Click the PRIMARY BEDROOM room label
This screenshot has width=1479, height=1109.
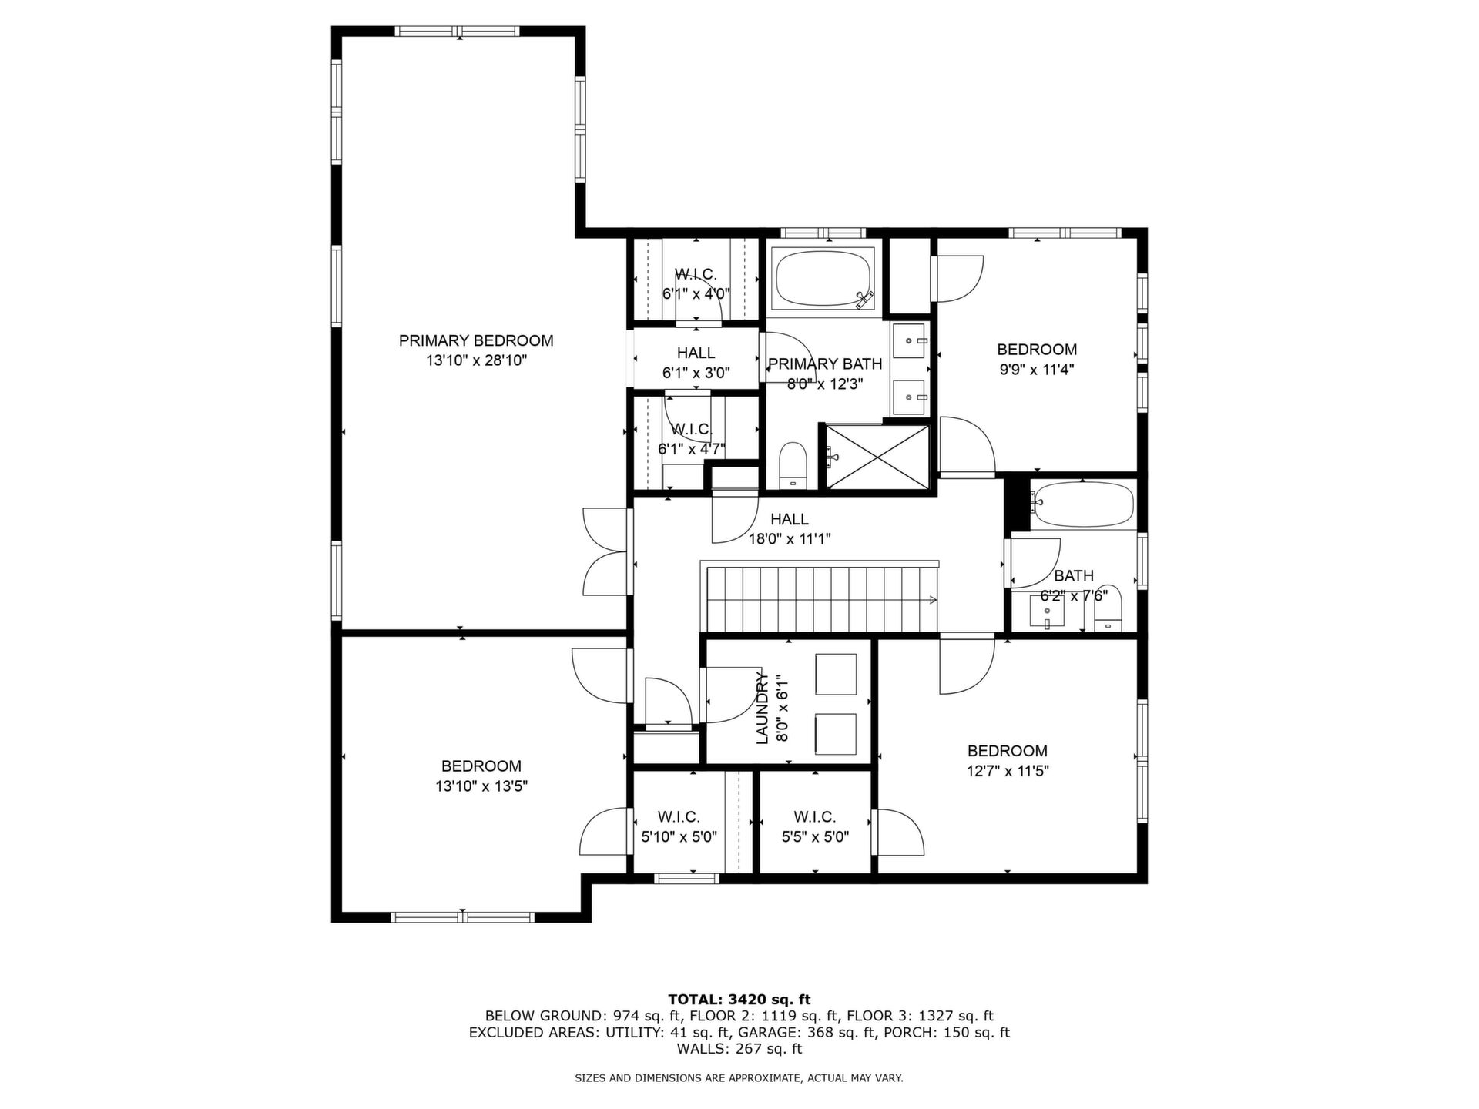476,340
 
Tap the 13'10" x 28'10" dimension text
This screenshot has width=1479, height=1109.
476,360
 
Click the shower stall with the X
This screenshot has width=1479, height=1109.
878,457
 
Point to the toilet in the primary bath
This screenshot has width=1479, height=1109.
792,465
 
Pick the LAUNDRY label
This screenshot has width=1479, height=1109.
763,707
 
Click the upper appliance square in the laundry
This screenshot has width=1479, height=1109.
836,675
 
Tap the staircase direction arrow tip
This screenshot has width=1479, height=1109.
937,601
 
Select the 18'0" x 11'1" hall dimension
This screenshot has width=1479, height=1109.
790,539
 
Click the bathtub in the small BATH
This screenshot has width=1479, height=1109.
1082,504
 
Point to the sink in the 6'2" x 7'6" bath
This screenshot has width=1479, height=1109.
1047,612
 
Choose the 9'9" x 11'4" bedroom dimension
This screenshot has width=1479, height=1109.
1037,369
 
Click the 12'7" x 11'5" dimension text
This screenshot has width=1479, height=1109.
1008,771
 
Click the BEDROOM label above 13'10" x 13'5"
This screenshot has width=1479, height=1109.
481,766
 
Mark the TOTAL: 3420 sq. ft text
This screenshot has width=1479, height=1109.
739,1000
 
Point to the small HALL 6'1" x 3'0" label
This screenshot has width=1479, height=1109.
696,363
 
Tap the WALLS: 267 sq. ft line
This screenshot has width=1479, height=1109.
739,1049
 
